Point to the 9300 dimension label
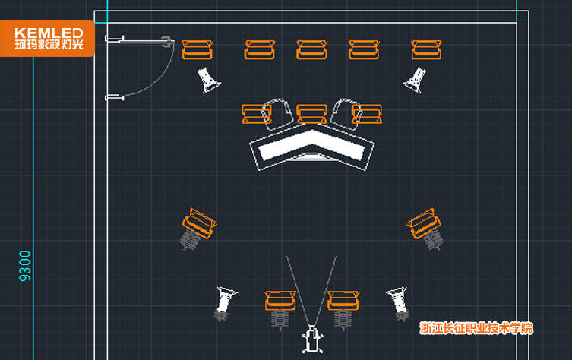(26, 266)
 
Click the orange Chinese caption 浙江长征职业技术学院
(476, 328)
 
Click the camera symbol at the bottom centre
(311, 339)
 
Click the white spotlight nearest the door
(208, 80)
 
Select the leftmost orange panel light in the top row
(198, 50)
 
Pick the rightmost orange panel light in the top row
(426, 50)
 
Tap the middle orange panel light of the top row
(311, 50)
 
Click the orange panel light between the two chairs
(311, 114)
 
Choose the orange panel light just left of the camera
(280, 301)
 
